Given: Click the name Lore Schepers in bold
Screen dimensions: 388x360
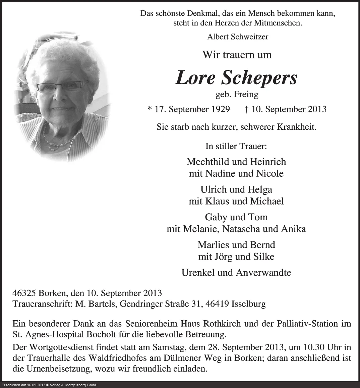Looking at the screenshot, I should click(x=236, y=78).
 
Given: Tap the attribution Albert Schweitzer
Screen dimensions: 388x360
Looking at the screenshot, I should click(x=238, y=37).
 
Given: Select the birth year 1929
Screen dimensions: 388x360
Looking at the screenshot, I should click(x=220, y=109).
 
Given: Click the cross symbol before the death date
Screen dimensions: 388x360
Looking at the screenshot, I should click(x=247, y=109).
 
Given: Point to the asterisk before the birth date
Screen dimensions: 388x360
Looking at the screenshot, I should click(x=149, y=109).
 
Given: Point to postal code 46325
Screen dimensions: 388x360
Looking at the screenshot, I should click(x=24, y=293).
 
